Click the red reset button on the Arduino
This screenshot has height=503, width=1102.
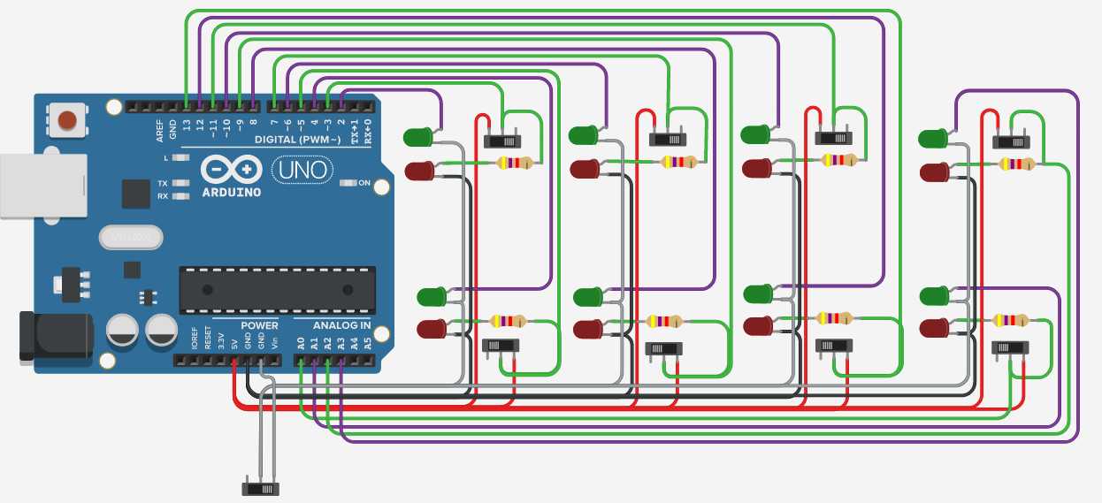point(66,119)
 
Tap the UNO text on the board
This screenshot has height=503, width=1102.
point(303,169)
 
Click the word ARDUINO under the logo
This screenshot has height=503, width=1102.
point(231,192)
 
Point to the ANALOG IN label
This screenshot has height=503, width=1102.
point(341,326)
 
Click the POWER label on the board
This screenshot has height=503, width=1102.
point(259,326)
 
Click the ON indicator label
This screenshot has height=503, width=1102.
point(364,183)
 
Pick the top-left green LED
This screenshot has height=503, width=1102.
point(418,137)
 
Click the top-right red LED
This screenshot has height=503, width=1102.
point(934,172)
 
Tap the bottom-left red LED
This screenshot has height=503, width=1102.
point(432,330)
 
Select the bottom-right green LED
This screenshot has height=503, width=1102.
point(934,294)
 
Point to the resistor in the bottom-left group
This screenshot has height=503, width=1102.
point(508,322)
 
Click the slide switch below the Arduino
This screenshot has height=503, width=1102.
point(260,488)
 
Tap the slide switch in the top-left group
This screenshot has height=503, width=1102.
point(502,140)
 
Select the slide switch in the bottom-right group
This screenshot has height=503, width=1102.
point(1010,347)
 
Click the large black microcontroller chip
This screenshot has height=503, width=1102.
point(277,289)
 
